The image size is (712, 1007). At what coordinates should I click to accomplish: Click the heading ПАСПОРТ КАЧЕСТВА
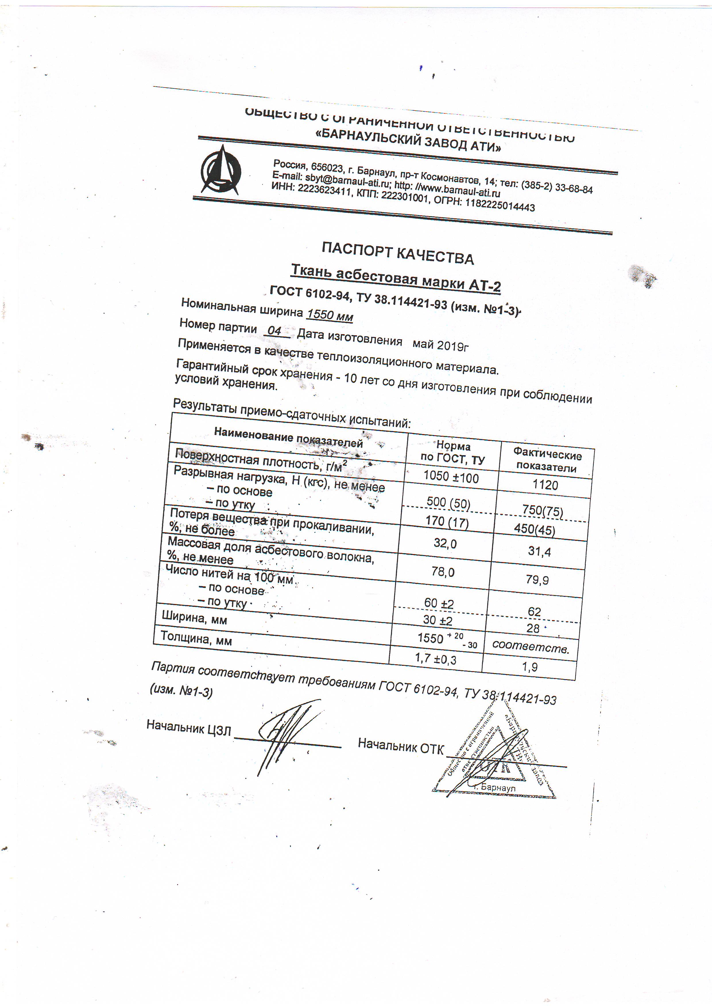[x=397, y=253]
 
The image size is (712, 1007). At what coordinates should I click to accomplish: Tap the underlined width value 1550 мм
[x=330, y=315]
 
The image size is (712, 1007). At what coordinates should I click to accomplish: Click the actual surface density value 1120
[x=545, y=485]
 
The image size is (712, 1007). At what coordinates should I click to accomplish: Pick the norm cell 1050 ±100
[x=451, y=477]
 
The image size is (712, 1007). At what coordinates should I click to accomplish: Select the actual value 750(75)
[x=542, y=510]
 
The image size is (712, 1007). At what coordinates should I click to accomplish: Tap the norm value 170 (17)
[x=447, y=522]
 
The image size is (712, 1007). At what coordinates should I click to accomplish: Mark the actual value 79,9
[x=537, y=580]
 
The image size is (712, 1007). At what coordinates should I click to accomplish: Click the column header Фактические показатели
[x=547, y=461]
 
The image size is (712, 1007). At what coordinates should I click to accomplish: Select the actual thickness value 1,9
[x=529, y=667]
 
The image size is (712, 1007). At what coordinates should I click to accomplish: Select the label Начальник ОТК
[x=400, y=745]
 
